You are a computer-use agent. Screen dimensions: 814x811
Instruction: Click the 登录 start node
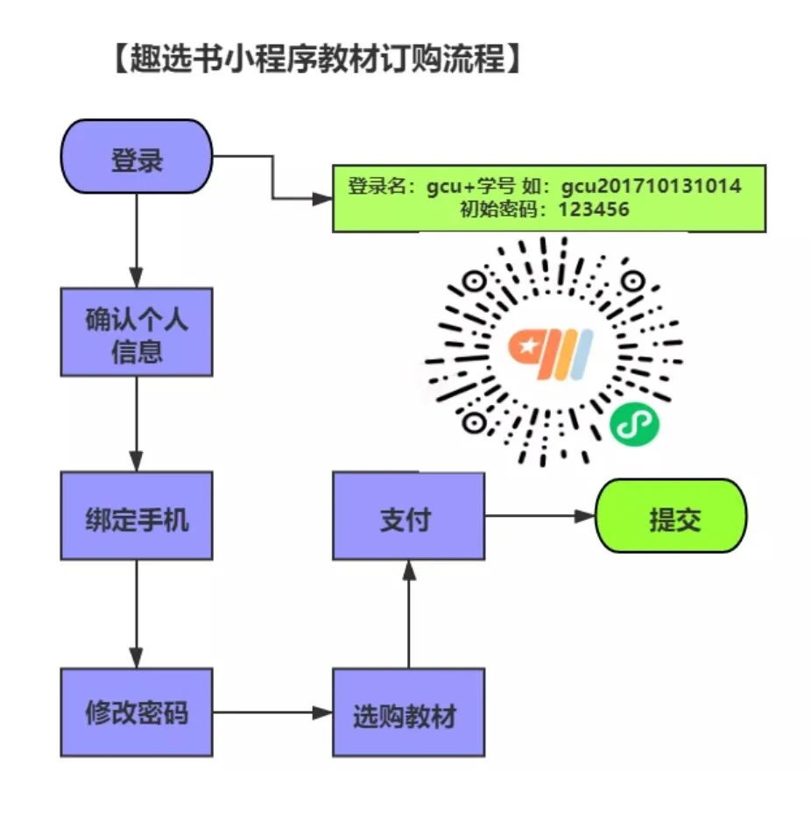(136, 157)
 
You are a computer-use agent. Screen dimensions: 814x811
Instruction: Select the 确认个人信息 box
(136, 332)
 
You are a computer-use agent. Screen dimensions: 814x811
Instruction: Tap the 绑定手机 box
(136, 516)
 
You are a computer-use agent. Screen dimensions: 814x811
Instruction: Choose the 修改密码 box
(136, 712)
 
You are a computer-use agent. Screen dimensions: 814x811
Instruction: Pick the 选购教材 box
(408, 712)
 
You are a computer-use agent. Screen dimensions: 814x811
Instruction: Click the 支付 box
(408, 516)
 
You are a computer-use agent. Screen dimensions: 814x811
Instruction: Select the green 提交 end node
(671, 516)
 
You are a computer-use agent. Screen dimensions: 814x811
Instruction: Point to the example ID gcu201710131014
(652, 187)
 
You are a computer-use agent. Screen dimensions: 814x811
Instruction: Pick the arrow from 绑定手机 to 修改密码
(136, 613)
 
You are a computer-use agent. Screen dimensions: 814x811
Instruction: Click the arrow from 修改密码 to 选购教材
(272, 712)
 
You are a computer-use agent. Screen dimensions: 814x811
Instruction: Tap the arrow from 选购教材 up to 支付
(408, 613)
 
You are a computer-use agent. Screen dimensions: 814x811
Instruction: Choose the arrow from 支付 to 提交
(539, 516)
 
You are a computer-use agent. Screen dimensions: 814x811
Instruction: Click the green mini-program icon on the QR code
(635, 424)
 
